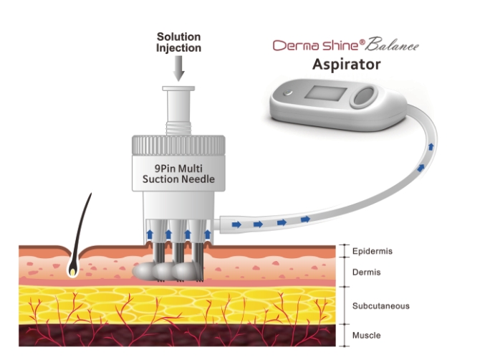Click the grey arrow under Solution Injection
click(x=178, y=69)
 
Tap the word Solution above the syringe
click(x=179, y=37)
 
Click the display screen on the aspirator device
click(x=327, y=96)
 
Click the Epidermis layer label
click(x=372, y=251)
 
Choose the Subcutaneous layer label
click(x=380, y=306)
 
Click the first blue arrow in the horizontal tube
click(x=236, y=224)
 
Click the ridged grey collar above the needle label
click(x=180, y=142)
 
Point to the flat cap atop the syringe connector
click(x=179, y=90)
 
